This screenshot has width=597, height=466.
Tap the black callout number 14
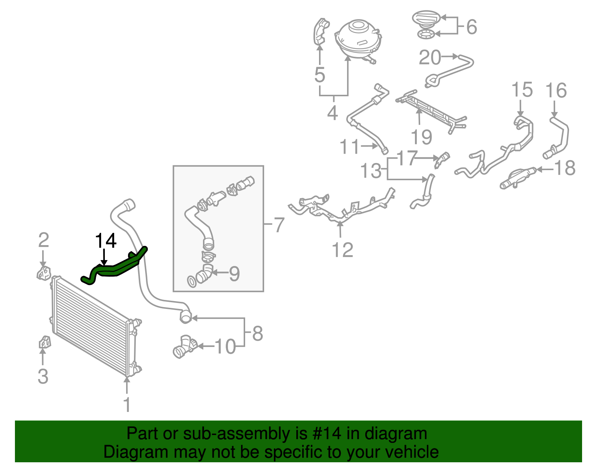pyautogui.click(x=106, y=241)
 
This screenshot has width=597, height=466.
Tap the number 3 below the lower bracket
pyautogui.click(x=43, y=376)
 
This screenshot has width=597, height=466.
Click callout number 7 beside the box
pyautogui.click(x=279, y=225)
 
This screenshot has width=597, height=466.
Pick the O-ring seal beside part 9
pyautogui.click(x=191, y=282)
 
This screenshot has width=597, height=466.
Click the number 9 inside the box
pyautogui.click(x=234, y=274)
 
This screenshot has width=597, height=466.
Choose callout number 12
pyautogui.click(x=342, y=250)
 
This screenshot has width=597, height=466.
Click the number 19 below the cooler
pyautogui.click(x=421, y=137)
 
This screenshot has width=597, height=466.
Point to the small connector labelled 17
pyautogui.click(x=443, y=158)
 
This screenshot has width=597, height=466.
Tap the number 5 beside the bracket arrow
pyautogui.click(x=320, y=75)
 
